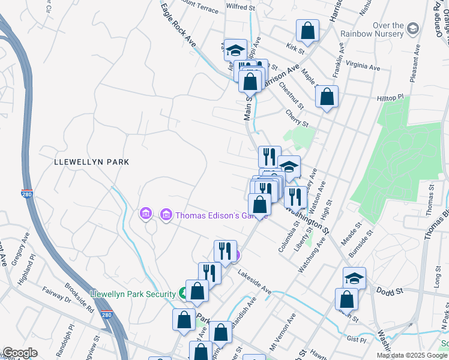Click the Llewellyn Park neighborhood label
coord(91,162)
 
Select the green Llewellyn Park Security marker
coord(183,293)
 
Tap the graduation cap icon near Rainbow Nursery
coord(412,29)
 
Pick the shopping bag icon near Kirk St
coord(307,32)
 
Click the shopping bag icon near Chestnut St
coord(327,97)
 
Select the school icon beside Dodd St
coord(354,278)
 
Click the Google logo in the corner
coord(20,353)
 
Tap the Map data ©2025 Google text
coord(412,355)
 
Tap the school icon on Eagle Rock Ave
coord(236,50)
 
